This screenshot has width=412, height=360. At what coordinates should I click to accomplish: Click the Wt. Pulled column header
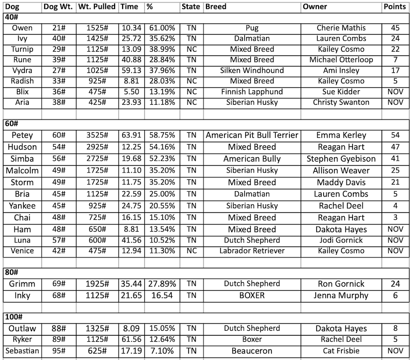pos(97,7)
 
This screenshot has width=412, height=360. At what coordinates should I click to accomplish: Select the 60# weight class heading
pos(11,123)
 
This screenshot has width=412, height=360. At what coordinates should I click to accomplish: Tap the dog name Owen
pos(22,28)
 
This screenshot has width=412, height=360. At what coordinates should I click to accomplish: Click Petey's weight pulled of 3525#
pos(97,135)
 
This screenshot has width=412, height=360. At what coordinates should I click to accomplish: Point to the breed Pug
pos(252,28)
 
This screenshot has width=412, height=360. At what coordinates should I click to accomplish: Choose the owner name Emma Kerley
pos(342,135)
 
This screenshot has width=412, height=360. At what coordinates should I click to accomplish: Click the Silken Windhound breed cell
pos(252,70)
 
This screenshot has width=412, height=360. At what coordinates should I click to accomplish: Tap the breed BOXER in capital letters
pos(252,296)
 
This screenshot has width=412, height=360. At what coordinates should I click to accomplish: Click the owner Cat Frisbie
pos(342,351)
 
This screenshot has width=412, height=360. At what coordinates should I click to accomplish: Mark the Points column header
pos(396,7)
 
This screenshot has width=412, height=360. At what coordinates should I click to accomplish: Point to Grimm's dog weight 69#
pos(59,284)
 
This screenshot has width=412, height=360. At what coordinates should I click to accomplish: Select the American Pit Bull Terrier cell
pos(252,135)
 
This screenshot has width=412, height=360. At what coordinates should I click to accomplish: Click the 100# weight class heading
pos(13,317)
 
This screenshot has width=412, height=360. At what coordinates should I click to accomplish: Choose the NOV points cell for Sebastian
pos(396,351)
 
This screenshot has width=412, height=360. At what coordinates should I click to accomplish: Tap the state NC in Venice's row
pos(192,251)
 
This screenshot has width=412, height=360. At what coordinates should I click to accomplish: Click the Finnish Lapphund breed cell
pos(252,92)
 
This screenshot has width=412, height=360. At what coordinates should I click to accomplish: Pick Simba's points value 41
pos(396,159)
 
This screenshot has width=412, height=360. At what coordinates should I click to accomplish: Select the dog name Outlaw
pos(22,328)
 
